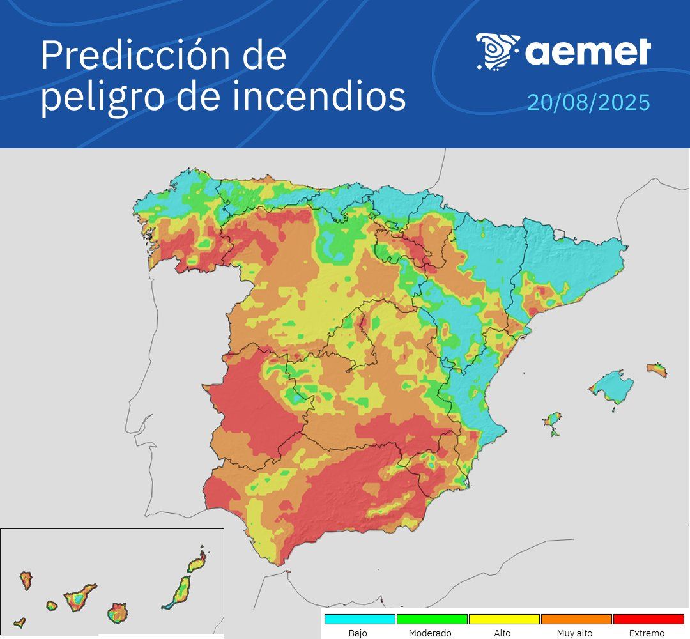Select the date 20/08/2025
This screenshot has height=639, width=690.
point(588,102)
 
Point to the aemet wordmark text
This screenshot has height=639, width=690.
point(588,52)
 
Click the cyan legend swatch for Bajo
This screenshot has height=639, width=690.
point(360,619)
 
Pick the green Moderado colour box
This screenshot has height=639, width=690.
point(432,619)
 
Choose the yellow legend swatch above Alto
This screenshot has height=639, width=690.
point(504,619)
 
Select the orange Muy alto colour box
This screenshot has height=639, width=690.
point(576,619)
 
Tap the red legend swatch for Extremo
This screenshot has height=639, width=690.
point(648,619)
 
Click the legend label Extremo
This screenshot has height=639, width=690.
point(647,633)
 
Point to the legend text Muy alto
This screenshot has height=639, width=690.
point(574,633)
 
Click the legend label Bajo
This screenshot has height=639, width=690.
point(358,633)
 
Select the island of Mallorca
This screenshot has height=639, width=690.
point(611,387)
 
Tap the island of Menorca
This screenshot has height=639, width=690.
point(657,369)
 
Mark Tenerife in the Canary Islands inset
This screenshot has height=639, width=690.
point(79,599)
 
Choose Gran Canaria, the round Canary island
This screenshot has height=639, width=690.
point(118,613)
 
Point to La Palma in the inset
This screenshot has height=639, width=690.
point(26,580)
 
